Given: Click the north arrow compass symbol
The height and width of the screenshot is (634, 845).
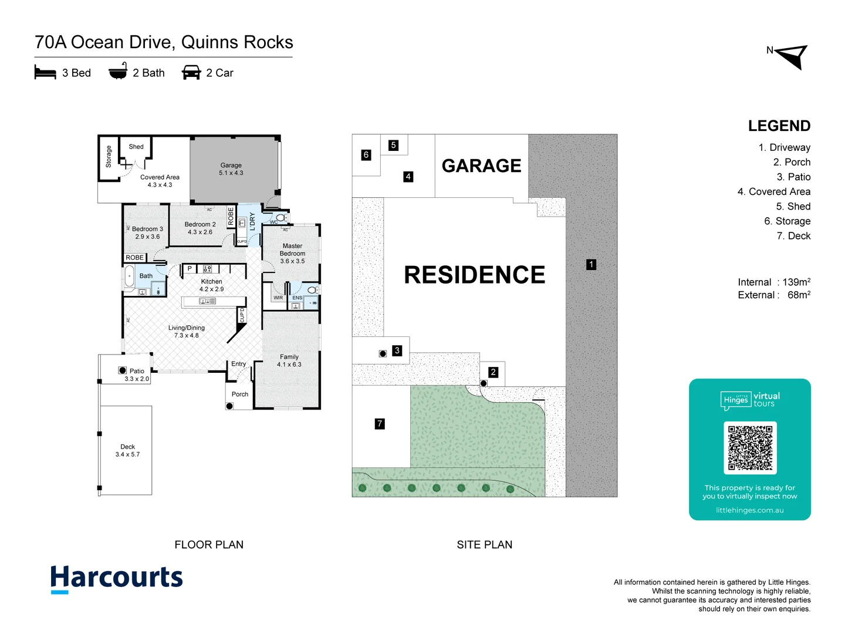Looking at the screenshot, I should click(792, 56).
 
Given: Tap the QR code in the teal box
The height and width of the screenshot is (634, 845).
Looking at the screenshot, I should click(750, 448).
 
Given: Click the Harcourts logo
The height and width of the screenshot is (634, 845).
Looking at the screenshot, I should click(116, 579).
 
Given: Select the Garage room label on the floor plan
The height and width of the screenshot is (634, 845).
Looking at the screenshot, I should click(231, 169).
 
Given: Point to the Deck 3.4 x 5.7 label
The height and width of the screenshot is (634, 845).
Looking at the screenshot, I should click(127, 451).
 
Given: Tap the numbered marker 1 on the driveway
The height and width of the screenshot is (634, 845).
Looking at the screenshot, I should click(591, 265).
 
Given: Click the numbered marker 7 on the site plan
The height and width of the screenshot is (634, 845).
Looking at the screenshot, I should click(380, 423).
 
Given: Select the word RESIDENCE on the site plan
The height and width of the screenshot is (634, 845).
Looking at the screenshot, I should click(474, 275).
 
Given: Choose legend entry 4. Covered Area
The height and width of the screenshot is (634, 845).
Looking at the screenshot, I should click(773, 191).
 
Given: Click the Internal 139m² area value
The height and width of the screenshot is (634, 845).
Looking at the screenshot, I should click(774, 282).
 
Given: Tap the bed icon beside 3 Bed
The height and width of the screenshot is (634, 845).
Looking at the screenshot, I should click(45, 73).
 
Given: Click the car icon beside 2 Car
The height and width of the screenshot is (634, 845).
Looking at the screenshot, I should click(191, 73).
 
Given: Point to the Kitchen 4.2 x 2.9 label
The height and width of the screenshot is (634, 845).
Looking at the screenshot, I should click(211, 285).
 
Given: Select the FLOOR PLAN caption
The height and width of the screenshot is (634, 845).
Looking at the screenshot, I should click(209, 545).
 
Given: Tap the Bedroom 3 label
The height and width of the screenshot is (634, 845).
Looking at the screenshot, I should click(147, 232).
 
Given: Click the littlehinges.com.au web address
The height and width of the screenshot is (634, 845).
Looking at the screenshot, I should click(749, 510).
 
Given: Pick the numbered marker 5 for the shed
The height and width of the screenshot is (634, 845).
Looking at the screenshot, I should click(393, 145).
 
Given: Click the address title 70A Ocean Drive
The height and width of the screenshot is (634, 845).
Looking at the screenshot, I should click(164, 42).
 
